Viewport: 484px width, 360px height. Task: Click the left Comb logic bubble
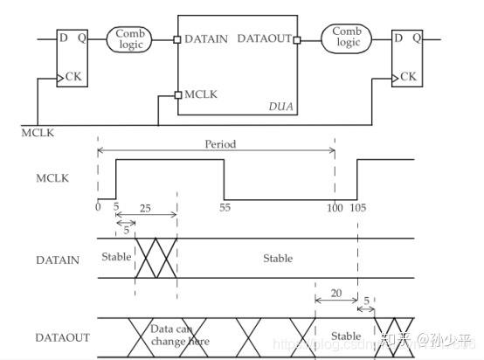tap(131, 38)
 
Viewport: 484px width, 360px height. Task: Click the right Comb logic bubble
tap(346, 38)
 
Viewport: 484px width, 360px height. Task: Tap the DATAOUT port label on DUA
tap(264, 39)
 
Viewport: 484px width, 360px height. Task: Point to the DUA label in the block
tap(280, 106)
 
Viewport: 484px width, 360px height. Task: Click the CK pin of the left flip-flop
tap(72, 78)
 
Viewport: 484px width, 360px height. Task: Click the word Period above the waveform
tap(220, 143)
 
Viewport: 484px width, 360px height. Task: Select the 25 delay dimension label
tap(146, 210)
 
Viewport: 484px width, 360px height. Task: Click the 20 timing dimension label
tap(335, 295)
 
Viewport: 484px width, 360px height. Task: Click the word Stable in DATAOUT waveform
tap(346, 336)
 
